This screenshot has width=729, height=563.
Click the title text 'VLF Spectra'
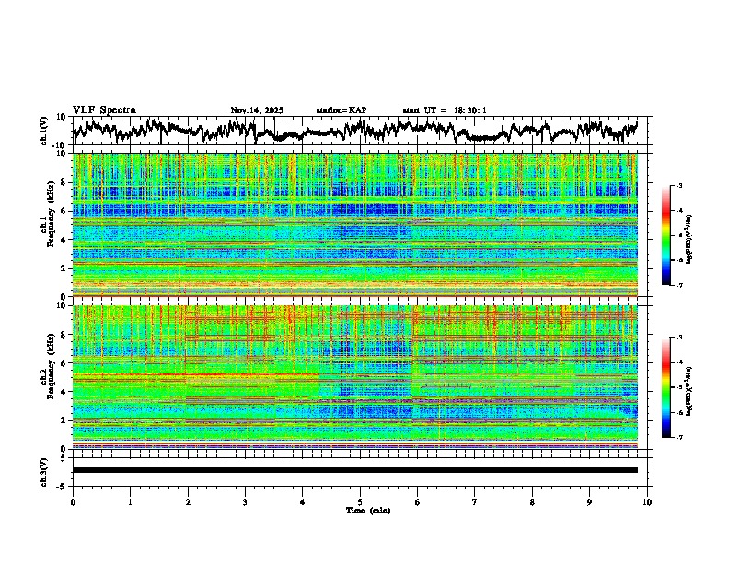(x=104, y=110)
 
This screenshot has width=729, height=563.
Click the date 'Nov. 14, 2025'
(x=257, y=110)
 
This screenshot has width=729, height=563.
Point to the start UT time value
(x=469, y=110)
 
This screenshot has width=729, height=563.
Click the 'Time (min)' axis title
(x=367, y=510)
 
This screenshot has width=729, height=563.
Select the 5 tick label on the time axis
(x=360, y=501)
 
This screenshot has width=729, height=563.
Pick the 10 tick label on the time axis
(x=647, y=501)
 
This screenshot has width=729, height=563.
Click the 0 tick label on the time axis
(x=73, y=501)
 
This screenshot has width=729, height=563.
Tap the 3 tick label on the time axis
(x=245, y=501)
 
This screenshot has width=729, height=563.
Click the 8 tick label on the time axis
(x=532, y=501)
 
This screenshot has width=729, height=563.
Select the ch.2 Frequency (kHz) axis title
(x=47, y=376)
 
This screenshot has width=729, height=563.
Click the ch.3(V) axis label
(x=43, y=470)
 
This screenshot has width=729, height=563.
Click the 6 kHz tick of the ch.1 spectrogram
(x=64, y=211)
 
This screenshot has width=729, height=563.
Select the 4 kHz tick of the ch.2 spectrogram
(x=64, y=392)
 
